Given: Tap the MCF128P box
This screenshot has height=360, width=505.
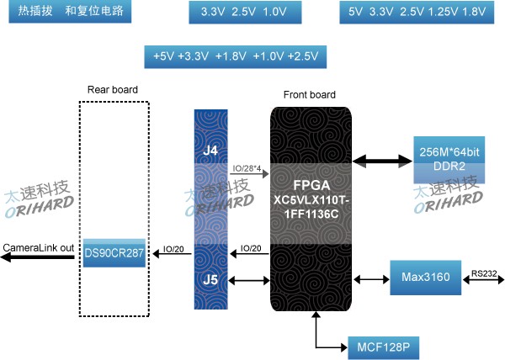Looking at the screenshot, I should coord(381,345).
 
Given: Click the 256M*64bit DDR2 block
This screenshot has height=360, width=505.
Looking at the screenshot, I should coord(449,158).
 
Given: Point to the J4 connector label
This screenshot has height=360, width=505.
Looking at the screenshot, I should coord(211,151).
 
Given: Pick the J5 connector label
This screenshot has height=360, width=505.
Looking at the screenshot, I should coord(211,276).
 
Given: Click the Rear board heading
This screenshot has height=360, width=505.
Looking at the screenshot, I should coord(113,89).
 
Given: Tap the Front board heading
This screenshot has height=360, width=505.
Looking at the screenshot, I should coord(309,94).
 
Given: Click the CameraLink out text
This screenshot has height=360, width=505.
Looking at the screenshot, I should coord(38,247).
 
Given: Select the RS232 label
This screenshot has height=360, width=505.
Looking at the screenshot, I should coord(483,272).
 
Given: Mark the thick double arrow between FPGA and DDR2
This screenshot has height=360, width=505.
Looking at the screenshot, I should coord(381,159).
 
